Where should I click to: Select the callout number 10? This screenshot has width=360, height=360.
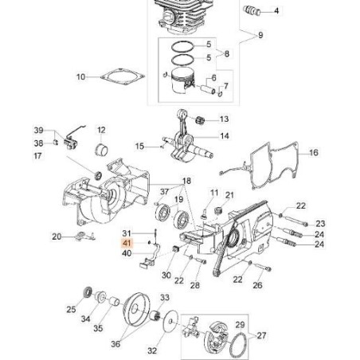(80, 77)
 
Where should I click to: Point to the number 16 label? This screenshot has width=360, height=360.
(313, 152)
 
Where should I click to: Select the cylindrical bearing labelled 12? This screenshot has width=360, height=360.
(101, 150)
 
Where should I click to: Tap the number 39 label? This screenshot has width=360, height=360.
(37, 130)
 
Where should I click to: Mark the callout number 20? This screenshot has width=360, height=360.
(57, 236)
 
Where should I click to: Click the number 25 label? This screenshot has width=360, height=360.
(71, 309)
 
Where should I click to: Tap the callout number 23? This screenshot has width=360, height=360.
(321, 223)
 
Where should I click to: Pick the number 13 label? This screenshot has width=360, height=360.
(224, 119)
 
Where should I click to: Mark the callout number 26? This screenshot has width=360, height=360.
(257, 284)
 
